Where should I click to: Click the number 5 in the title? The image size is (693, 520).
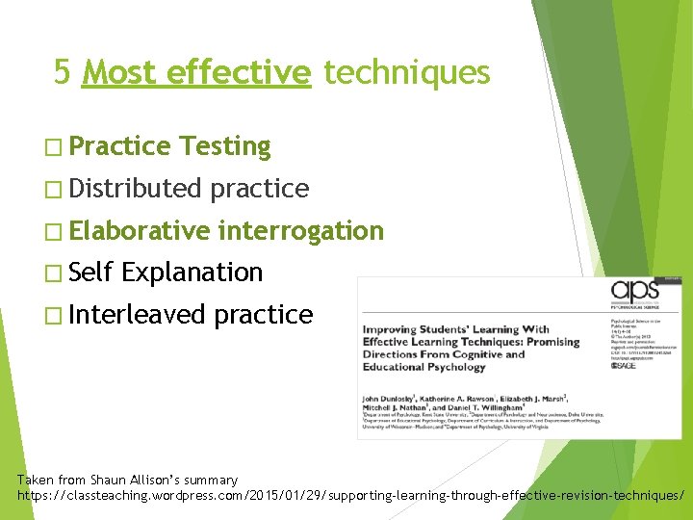(x=63, y=72)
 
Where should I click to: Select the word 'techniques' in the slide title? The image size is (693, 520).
(x=406, y=72)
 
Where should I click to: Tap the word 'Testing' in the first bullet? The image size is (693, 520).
(x=225, y=146)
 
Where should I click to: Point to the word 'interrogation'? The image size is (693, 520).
(x=300, y=231)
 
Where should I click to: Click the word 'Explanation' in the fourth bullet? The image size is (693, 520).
(x=192, y=273)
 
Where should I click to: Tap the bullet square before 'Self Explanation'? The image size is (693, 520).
(x=53, y=273)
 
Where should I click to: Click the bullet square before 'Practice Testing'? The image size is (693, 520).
(x=53, y=147)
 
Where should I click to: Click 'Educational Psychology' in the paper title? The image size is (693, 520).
(x=423, y=367)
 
